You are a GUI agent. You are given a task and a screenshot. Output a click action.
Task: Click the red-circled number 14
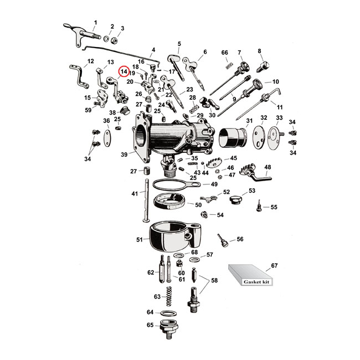tap(124, 71)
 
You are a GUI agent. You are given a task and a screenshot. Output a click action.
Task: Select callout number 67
tap(273, 266)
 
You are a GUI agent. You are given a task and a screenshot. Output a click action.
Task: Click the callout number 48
tap(267, 167)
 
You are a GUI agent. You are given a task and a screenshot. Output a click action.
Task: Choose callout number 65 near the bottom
tap(150, 325)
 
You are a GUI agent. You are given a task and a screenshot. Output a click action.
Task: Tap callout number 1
tap(95, 23)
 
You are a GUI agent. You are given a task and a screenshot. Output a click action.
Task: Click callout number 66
tap(224, 53)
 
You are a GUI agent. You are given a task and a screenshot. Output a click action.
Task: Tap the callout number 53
tap(252, 191)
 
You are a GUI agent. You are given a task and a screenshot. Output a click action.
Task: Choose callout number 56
tap(240, 239)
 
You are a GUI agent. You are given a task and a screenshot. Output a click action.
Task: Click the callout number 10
tap(275, 82)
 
